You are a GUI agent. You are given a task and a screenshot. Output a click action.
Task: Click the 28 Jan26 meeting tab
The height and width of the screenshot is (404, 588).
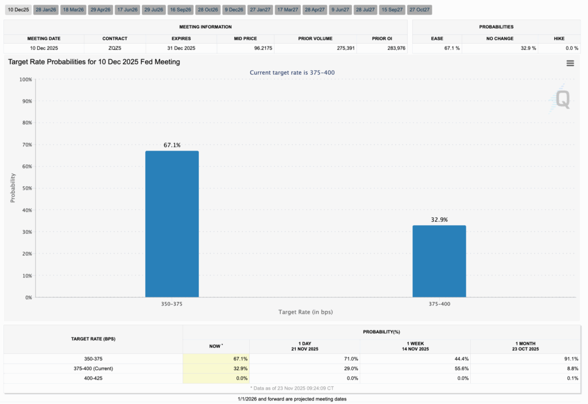45,10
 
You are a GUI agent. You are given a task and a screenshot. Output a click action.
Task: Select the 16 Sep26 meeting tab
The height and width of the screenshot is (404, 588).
180,10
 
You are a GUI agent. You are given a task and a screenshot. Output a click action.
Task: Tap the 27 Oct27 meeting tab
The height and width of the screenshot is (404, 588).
420,10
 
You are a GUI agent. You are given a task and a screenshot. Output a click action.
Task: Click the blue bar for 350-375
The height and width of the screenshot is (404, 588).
172,224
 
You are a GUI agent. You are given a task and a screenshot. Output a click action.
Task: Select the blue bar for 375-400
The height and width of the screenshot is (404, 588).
439,261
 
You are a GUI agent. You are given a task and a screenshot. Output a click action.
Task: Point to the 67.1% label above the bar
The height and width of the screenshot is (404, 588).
172,145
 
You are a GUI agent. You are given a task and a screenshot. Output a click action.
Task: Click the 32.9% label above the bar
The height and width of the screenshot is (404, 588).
439,220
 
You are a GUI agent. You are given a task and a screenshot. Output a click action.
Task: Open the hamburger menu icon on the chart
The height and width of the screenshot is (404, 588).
570,63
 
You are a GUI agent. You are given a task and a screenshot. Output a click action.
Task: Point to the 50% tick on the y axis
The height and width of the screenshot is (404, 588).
25,188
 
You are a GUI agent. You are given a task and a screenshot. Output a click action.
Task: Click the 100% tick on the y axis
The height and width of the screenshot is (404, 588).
25,79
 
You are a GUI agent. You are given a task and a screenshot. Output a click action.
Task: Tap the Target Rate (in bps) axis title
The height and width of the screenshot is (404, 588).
305,312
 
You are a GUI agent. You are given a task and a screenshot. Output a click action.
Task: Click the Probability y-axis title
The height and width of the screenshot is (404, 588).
13,188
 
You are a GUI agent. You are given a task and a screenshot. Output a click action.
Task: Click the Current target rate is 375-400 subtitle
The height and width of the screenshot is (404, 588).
292,72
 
